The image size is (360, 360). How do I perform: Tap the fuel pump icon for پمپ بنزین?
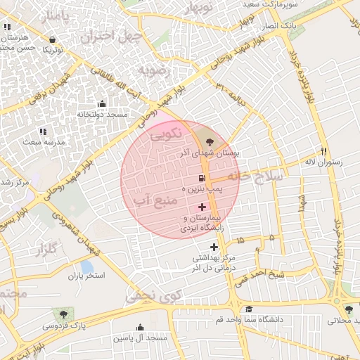202,179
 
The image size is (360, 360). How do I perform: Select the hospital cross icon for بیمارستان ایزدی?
202,207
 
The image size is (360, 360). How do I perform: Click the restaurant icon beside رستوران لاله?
323,150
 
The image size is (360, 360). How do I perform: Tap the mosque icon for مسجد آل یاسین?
141,327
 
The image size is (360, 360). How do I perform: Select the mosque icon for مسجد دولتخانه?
102,104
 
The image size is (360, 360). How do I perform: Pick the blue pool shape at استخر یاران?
86,267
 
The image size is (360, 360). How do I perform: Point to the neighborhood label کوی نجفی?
153,296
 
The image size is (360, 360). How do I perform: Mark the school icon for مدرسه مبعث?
42,131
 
